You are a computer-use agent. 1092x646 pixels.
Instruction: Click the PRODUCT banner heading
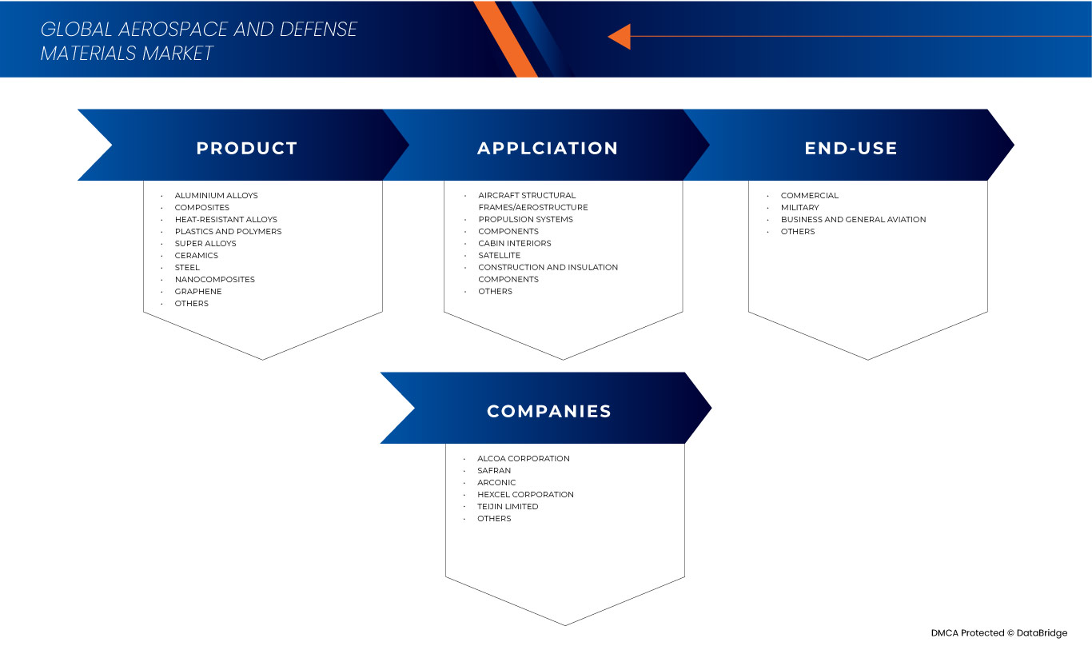pyautogui.click(x=247, y=148)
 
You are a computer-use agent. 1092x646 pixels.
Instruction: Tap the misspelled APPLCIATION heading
pyautogui.click(x=548, y=148)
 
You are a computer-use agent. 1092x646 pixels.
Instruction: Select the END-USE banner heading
pyautogui.click(x=851, y=148)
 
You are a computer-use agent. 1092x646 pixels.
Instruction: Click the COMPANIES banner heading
pyautogui.click(x=549, y=411)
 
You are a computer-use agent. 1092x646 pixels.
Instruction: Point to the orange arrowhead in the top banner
pyautogui.click(x=620, y=37)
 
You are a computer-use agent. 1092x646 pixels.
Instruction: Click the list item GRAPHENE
pyautogui.click(x=198, y=292)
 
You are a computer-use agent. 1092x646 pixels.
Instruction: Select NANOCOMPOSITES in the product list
pyautogui.click(x=214, y=279)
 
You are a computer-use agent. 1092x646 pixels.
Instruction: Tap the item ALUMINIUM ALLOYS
pyautogui.click(x=216, y=196)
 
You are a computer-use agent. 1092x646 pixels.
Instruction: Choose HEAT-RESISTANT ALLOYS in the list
pyautogui.click(x=225, y=219)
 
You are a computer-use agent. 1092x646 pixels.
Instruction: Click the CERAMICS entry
pyautogui.click(x=196, y=256)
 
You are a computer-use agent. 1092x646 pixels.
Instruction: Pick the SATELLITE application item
pyautogui.click(x=499, y=256)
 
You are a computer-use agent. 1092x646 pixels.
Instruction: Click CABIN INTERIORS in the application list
pyautogui.click(x=514, y=243)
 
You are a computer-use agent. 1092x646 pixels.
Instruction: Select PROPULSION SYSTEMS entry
pyautogui.click(x=525, y=219)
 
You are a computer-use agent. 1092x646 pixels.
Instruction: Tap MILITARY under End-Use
pyautogui.click(x=799, y=208)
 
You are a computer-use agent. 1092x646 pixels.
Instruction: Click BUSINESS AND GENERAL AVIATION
pyautogui.click(x=853, y=219)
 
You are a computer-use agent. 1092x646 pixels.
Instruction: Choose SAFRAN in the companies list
pyautogui.click(x=494, y=470)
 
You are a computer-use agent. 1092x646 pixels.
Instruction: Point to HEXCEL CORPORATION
pyautogui.click(x=525, y=494)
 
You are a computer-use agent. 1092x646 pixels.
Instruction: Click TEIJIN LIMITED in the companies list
pyautogui.click(x=508, y=507)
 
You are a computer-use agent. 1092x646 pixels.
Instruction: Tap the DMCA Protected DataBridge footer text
pyautogui.click(x=999, y=633)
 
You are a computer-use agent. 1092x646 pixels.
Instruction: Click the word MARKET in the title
pyautogui.click(x=177, y=53)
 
